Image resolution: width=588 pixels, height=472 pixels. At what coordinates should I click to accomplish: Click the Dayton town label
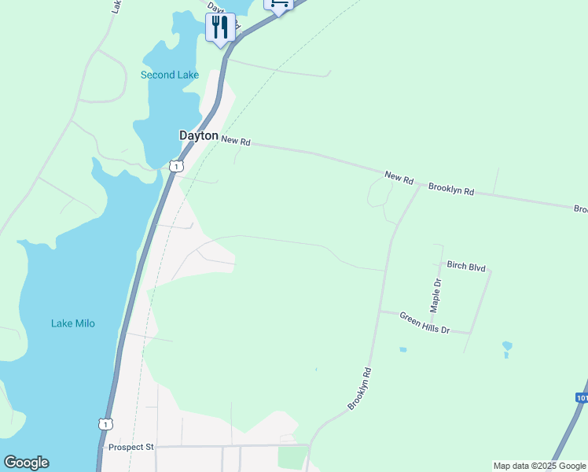tap(198, 135)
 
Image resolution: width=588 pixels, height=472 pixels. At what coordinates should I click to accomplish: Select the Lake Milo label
tap(73, 323)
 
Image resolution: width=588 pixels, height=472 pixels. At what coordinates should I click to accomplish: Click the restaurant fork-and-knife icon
tap(219, 28)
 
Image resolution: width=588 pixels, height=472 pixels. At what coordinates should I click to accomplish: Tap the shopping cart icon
tap(278, 4)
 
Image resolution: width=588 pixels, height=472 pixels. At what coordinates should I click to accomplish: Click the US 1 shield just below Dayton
tap(176, 165)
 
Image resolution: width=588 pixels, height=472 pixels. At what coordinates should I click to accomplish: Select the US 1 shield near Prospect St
tap(105, 424)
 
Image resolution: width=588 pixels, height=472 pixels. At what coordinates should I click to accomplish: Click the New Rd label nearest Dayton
tap(236, 140)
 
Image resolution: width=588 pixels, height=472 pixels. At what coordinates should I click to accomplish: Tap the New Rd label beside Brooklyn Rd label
tap(399, 177)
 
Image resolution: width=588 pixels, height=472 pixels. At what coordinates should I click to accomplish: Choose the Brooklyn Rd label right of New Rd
tap(451, 190)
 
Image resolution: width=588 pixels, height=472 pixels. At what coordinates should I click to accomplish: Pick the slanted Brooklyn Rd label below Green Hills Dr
tap(359, 389)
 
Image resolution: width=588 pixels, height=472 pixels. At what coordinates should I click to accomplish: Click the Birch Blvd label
tap(466, 267)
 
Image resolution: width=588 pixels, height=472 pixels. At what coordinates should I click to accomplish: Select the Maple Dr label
tap(437, 293)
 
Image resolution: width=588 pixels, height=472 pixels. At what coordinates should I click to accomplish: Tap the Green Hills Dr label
tap(424, 323)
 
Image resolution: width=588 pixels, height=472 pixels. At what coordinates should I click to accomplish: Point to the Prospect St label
tap(131, 447)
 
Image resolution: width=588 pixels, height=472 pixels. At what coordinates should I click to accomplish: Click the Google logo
tap(26, 463)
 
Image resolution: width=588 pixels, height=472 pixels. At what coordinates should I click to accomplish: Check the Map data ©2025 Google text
tap(539, 466)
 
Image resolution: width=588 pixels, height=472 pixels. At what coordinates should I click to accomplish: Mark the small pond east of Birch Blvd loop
tap(507, 346)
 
